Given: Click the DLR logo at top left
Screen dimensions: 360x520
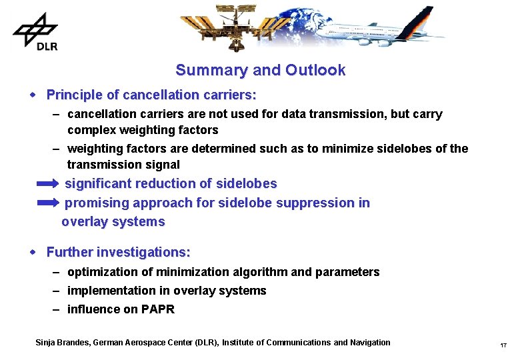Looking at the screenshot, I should point(35,31).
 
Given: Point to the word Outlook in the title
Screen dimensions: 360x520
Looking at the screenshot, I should point(315,70).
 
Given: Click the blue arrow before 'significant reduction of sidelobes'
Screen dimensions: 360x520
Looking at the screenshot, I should point(47,183).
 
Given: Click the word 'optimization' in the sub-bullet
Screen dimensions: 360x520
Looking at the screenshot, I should point(100,272).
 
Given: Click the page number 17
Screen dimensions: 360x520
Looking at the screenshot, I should point(503,345).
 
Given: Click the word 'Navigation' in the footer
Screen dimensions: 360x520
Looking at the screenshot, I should point(369,343).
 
